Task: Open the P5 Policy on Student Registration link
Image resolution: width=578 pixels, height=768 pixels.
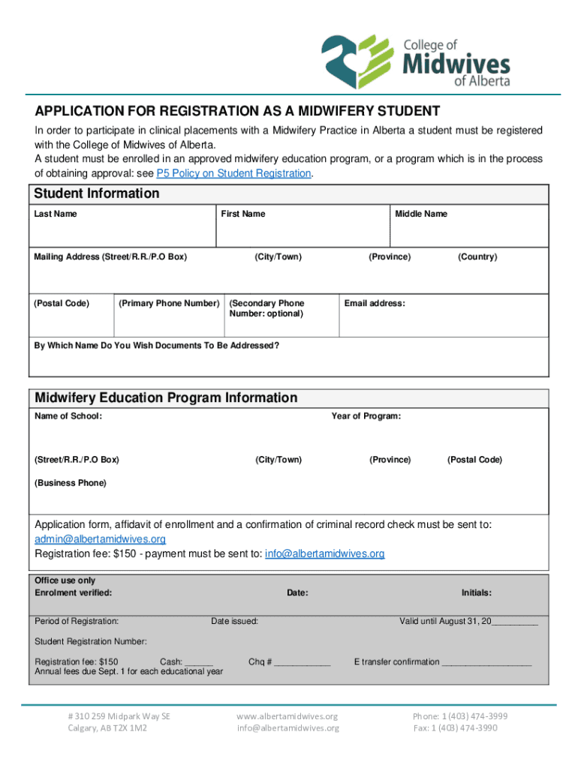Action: tap(233, 173)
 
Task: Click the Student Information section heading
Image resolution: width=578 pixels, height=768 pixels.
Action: tap(97, 193)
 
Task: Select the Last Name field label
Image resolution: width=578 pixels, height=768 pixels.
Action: tap(56, 214)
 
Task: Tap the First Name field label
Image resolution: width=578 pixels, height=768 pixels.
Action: tap(242, 214)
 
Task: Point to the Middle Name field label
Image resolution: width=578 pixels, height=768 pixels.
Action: tap(421, 214)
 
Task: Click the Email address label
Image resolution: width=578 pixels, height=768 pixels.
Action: tap(375, 304)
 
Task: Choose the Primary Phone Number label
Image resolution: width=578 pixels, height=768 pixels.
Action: tap(169, 304)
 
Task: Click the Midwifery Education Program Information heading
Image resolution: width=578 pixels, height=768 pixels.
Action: tap(166, 398)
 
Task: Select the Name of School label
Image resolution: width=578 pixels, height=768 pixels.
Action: tap(68, 416)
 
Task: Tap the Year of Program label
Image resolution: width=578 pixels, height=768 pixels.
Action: tap(366, 416)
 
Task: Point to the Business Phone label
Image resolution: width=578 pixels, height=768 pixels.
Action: tap(71, 483)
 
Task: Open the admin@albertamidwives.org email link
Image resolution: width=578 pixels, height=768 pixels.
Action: tap(101, 539)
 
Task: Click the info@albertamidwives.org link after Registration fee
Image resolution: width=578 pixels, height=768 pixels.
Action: tap(325, 554)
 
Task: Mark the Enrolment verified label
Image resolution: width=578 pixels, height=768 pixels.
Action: tap(74, 593)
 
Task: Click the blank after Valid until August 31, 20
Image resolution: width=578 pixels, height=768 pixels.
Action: tap(515, 622)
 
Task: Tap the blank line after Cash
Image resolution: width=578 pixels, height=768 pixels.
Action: tap(199, 663)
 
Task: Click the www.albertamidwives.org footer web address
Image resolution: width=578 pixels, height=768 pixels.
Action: tap(287, 716)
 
